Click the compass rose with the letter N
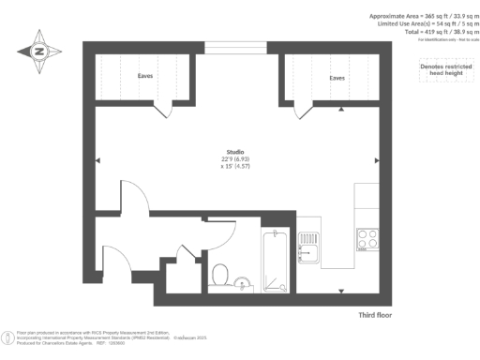coord(40,52)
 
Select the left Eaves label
coord(145,77)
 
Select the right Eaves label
coord(337,78)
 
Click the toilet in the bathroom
coord(221,273)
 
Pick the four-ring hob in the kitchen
coord(366,240)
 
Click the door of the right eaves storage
coord(302,111)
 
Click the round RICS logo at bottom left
coord(8,335)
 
